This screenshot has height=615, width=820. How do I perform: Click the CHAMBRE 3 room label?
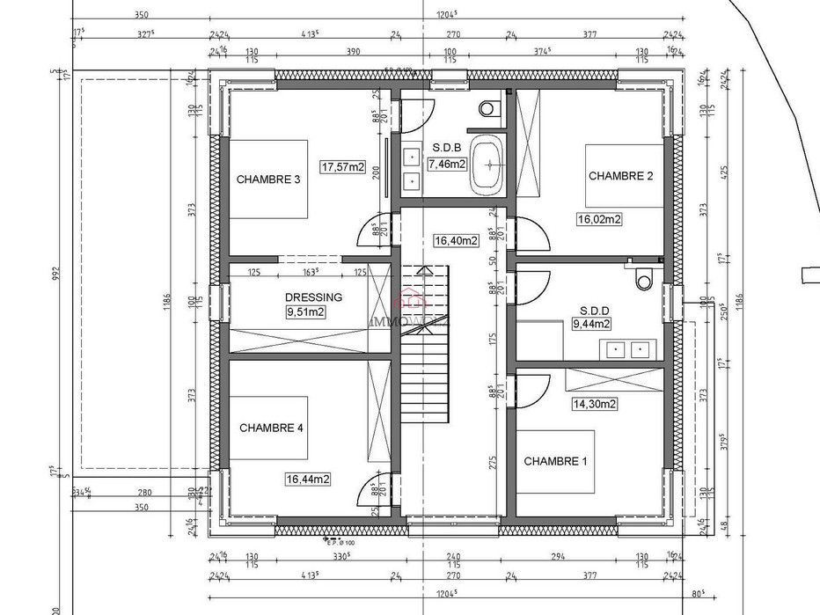268,179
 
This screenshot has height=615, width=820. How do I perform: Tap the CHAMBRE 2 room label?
620,176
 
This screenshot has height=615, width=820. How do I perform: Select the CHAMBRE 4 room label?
271,428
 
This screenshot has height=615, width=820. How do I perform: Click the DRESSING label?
313,297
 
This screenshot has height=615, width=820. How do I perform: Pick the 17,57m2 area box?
342,167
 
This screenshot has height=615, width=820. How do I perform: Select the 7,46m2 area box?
447,164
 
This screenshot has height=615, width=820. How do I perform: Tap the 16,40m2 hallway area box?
457,239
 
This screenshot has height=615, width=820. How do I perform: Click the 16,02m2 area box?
599,219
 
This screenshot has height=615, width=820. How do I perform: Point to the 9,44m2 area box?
591,324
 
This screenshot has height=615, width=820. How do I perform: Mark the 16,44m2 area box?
307,480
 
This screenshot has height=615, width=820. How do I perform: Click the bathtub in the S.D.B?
488,166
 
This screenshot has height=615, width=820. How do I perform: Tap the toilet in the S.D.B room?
488,108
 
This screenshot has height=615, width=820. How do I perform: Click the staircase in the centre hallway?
426,352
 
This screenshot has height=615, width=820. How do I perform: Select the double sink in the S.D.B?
410,169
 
